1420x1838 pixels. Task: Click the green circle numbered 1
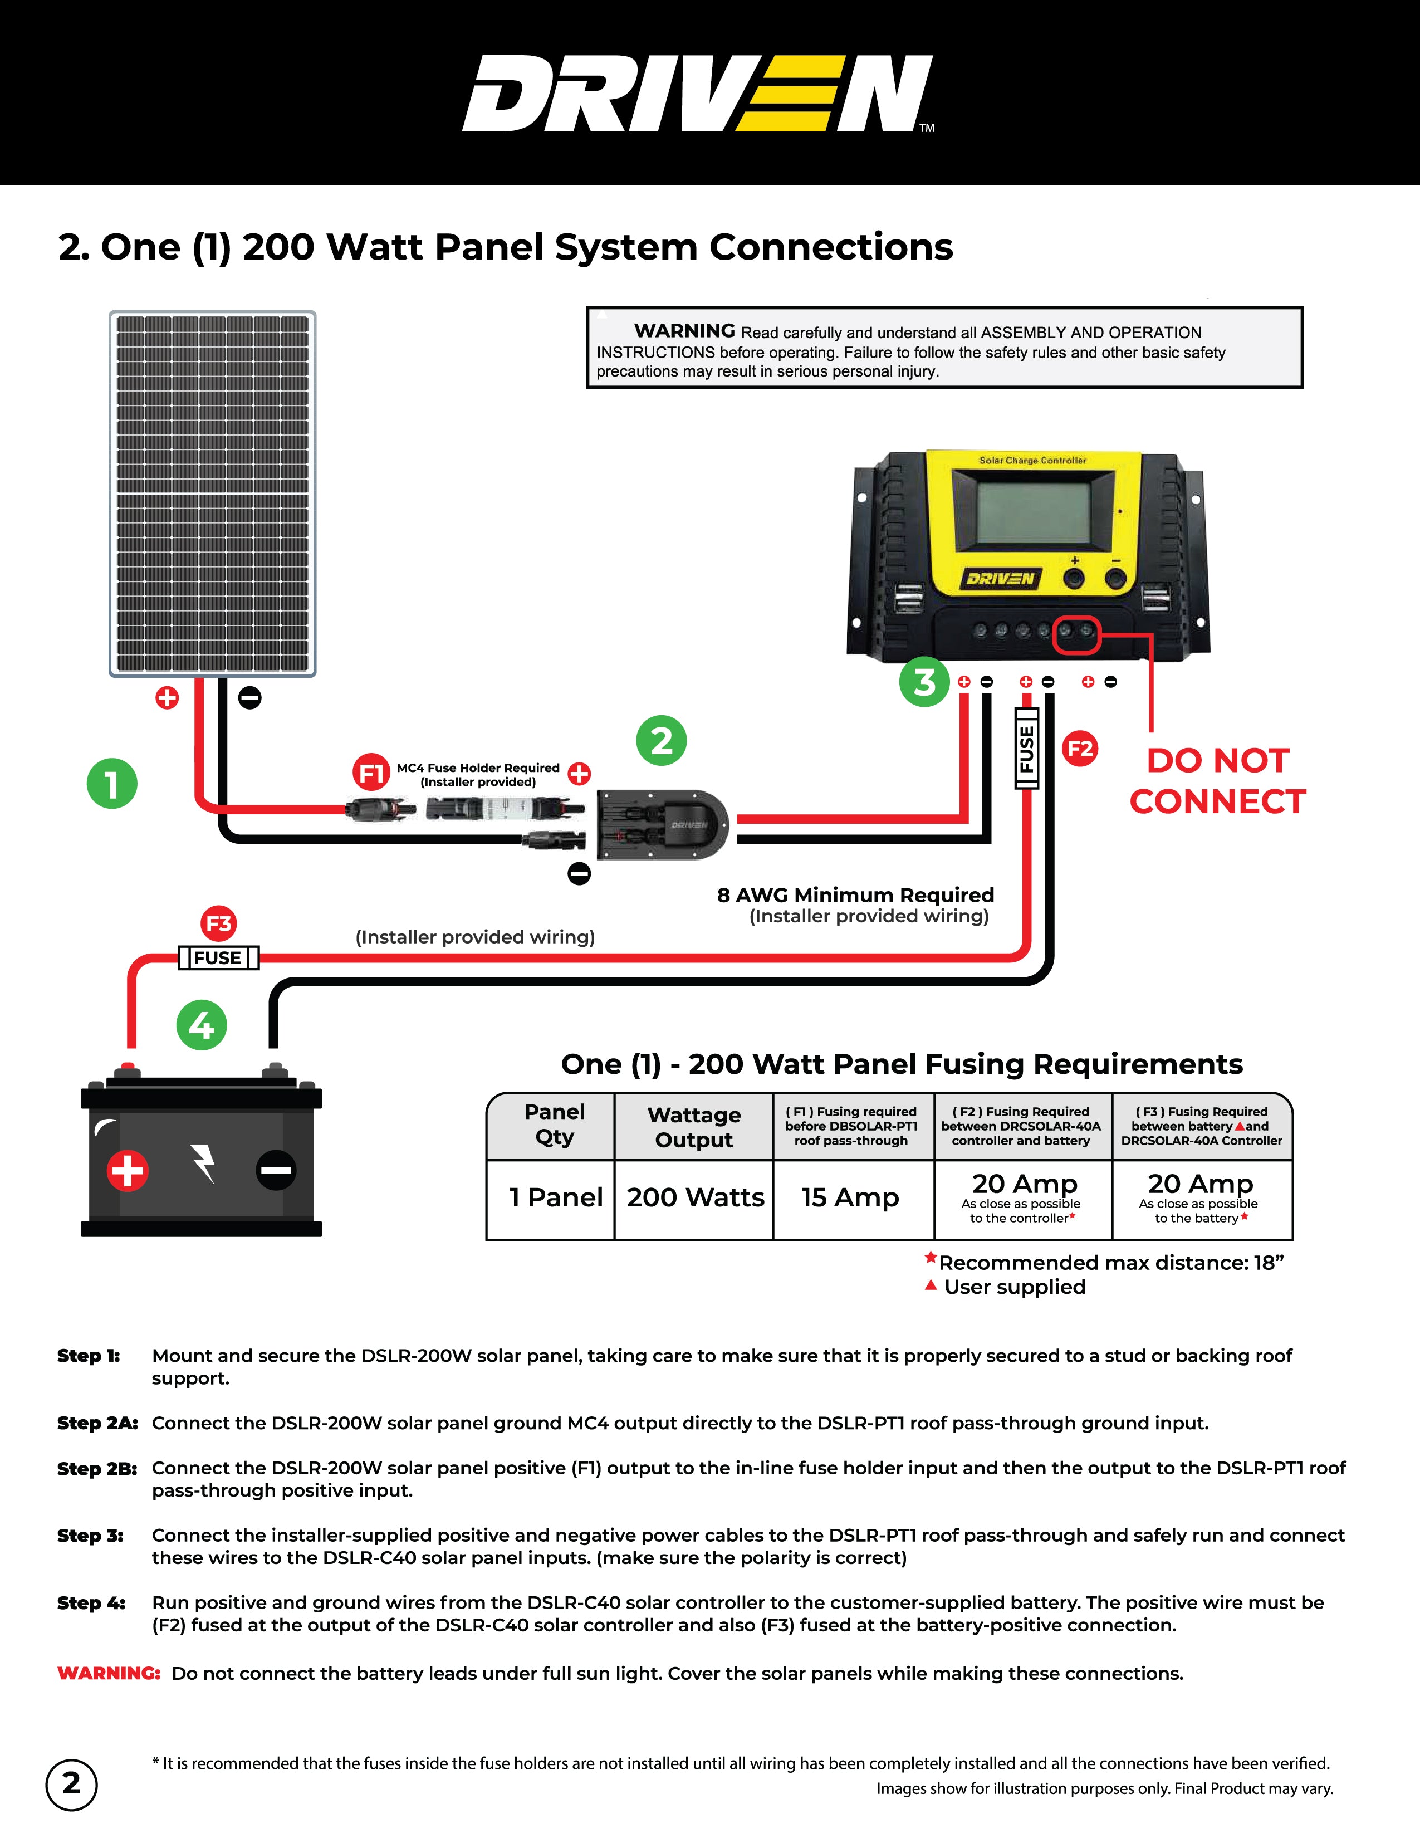click(x=112, y=784)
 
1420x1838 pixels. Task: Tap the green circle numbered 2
click(x=661, y=741)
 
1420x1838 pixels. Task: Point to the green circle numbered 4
click(x=201, y=1025)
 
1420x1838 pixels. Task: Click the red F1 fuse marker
click(x=371, y=772)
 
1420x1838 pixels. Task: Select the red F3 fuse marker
click(x=219, y=923)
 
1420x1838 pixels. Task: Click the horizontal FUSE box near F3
click(x=218, y=958)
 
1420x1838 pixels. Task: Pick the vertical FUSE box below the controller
click(x=1026, y=748)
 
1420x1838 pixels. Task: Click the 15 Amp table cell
click(x=850, y=1197)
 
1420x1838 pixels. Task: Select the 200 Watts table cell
click(x=695, y=1197)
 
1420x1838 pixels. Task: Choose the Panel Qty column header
click(x=555, y=1125)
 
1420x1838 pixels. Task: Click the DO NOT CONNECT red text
click(x=1217, y=781)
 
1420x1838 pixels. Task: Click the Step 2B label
click(x=97, y=1469)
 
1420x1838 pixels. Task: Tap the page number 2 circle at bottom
click(x=71, y=1783)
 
